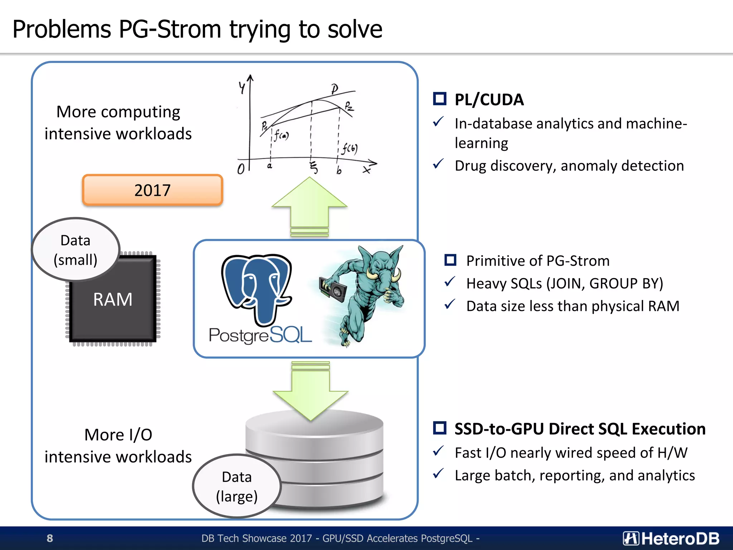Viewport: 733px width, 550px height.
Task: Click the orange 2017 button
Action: coord(152,190)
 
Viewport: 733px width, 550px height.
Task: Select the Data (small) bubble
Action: coord(76,250)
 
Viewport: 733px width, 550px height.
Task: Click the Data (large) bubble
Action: coord(237,486)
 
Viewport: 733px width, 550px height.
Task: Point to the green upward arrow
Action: coord(309,206)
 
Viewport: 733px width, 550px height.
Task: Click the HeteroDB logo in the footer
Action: coord(671,538)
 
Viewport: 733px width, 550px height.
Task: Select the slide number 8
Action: coord(50,538)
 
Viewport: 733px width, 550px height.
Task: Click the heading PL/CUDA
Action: coord(489,100)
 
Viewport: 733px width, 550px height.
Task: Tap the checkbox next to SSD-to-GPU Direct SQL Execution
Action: coord(440,428)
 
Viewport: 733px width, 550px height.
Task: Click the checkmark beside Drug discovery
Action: coord(438,164)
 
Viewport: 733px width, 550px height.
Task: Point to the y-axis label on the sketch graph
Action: coord(242,87)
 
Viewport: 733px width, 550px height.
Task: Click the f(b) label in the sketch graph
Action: coord(349,148)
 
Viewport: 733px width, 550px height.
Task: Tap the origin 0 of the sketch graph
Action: coord(241,169)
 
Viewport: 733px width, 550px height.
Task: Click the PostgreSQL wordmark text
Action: coord(260,336)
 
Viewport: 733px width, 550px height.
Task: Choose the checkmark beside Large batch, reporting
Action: coord(438,474)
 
